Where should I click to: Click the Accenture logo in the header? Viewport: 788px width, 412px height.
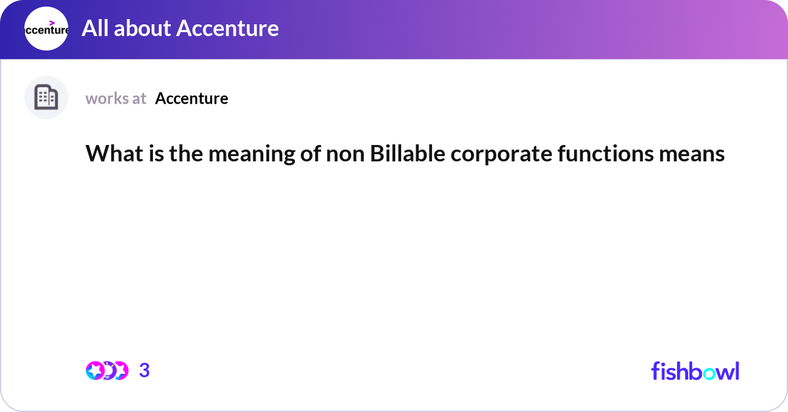pos(46,29)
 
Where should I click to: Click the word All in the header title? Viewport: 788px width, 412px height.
pos(95,28)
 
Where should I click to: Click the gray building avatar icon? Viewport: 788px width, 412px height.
pos(46,98)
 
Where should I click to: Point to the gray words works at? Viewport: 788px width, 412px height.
pos(116,98)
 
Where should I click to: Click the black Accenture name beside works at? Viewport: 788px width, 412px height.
pos(192,98)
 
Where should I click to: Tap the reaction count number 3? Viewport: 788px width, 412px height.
pos(144,371)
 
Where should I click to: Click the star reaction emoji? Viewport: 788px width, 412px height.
pos(95,371)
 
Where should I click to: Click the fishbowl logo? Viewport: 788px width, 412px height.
pos(695,371)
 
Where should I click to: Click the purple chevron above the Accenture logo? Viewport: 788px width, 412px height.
pos(53,22)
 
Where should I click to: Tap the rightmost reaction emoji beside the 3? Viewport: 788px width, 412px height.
pos(120,371)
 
